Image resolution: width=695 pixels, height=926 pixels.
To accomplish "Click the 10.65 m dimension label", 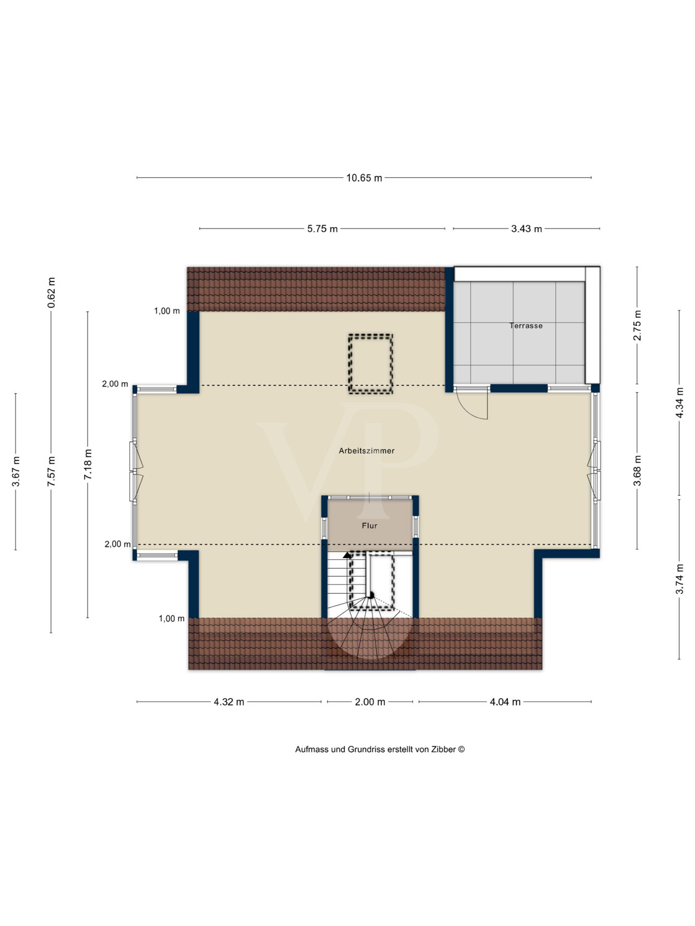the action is tap(364, 178).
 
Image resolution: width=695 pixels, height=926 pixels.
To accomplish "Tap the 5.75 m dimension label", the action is tap(322, 229).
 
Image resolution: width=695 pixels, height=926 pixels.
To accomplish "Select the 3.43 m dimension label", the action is tap(526, 229).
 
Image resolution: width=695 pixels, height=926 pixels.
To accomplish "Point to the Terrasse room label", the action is tap(526, 326).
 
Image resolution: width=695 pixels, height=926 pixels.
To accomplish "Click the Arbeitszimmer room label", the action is tap(367, 451).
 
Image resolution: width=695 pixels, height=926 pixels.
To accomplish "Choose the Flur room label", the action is tap(369, 525).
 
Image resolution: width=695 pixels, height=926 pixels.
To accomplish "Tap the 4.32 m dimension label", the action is tap(229, 702).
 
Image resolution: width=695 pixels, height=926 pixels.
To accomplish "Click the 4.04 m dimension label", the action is tap(505, 702).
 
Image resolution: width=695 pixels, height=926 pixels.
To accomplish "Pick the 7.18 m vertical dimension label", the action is tap(88, 464).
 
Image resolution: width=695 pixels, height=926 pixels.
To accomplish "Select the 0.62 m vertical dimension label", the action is tap(51, 293).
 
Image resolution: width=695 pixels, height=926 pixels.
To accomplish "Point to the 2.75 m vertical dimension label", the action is tap(637, 325).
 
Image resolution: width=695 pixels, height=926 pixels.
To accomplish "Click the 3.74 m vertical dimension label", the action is tap(680, 579).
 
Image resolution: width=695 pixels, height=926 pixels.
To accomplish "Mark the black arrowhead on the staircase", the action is tap(347, 554).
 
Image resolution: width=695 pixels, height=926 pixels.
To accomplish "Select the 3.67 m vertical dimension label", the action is tap(15, 472).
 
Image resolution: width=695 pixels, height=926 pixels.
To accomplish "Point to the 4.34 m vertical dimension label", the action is tap(680, 403).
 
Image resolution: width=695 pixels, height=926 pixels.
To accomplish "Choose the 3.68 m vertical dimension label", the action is tap(637, 471).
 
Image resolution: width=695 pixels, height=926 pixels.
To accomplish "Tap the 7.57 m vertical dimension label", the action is tap(51, 472).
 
